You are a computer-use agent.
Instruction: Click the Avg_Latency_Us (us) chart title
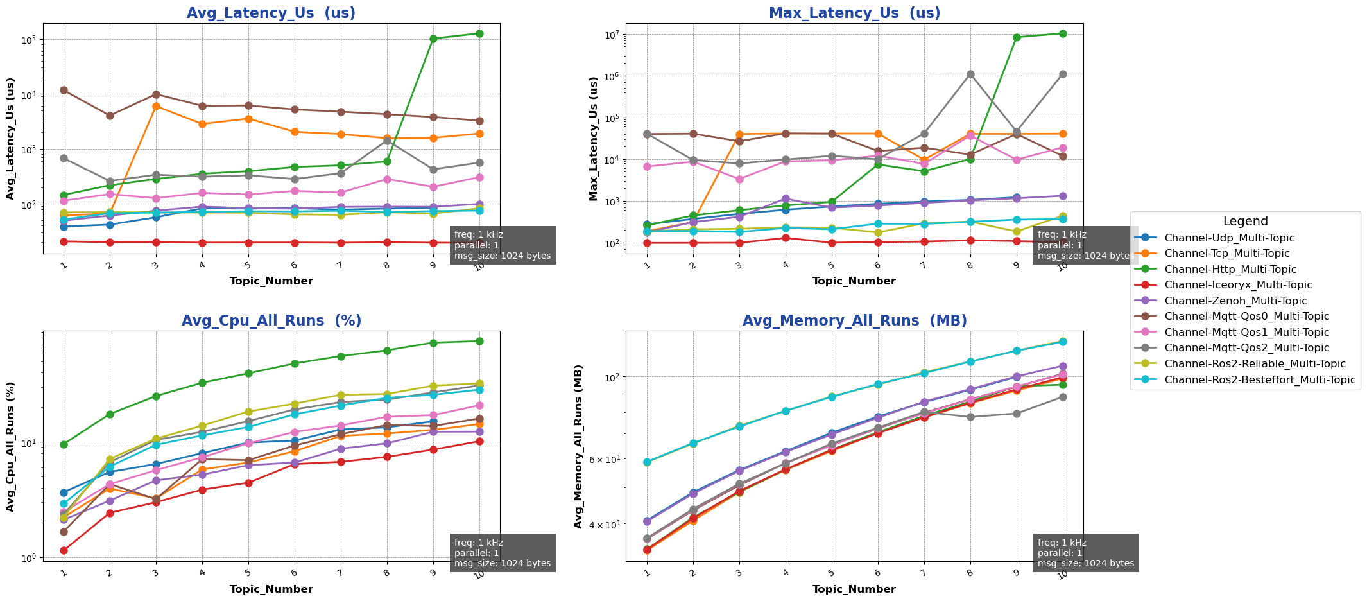point(271,13)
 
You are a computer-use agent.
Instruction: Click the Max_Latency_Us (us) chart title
point(854,13)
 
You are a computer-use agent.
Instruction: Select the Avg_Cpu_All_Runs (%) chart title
point(271,321)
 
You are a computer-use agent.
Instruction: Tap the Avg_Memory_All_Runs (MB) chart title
point(854,321)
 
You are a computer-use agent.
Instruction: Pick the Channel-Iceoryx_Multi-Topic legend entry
point(1238,285)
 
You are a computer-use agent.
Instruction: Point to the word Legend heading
point(1245,222)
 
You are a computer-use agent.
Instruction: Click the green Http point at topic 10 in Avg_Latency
point(479,33)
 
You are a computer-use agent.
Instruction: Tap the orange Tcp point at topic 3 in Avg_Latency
point(156,106)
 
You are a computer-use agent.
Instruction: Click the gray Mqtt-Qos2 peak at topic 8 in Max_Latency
point(970,74)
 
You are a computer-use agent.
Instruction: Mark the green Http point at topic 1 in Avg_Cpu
point(64,444)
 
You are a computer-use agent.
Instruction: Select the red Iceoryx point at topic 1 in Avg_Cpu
point(64,550)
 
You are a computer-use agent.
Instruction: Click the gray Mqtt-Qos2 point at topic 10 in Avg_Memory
point(1063,397)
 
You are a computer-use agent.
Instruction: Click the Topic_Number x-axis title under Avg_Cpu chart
point(271,589)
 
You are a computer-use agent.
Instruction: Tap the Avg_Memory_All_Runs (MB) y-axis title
point(578,446)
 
